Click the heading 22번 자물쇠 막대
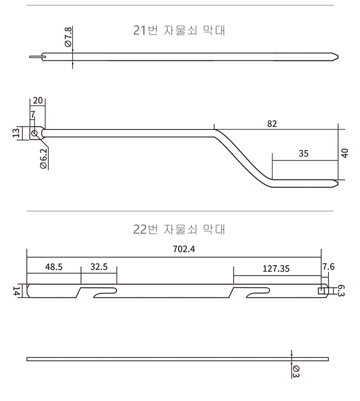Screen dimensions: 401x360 pyautogui.click(x=180, y=229)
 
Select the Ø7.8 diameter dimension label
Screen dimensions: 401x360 pyautogui.click(x=68, y=37)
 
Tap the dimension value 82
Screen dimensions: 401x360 pyautogui.click(x=272, y=123)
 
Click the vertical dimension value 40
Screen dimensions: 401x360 pyautogui.click(x=345, y=153)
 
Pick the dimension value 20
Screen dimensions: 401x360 pyautogui.click(x=38, y=101)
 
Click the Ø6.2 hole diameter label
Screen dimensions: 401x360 pyautogui.click(x=43, y=158)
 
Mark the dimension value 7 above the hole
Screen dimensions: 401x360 pyautogui.click(x=33, y=115)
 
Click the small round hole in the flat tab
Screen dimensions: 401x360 pyautogui.click(x=34, y=133)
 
